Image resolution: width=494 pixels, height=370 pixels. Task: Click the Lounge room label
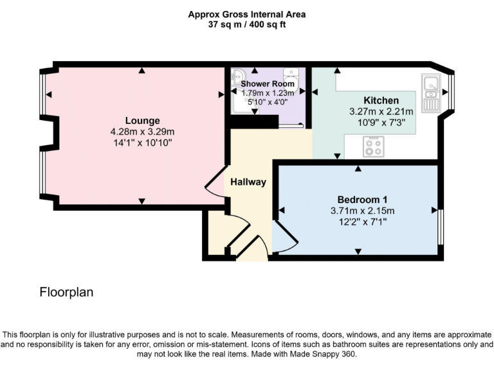tap(142, 121)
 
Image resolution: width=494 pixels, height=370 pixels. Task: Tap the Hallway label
tap(248, 182)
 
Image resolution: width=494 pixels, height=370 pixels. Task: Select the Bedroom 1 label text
tap(358, 199)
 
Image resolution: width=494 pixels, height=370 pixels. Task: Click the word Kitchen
tap(381, 100)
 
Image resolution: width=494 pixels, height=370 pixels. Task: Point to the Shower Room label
tap(268, 84)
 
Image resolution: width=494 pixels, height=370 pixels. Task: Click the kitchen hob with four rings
tap(374, 146)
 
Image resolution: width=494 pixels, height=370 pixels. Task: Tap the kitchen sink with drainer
tap(430, 92)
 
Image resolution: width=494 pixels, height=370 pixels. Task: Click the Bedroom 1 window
tap(441, 226)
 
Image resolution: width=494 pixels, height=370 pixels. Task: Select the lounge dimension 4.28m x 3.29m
tap(142, 132)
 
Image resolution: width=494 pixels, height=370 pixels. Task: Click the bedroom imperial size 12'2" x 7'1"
tap(358, 221)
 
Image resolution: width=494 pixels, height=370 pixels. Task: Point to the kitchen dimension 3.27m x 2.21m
tap(381, 111)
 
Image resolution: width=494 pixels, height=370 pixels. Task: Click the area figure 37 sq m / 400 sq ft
tap(247, 24)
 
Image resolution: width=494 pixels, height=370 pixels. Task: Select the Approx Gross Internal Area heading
tap(247, 13)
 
